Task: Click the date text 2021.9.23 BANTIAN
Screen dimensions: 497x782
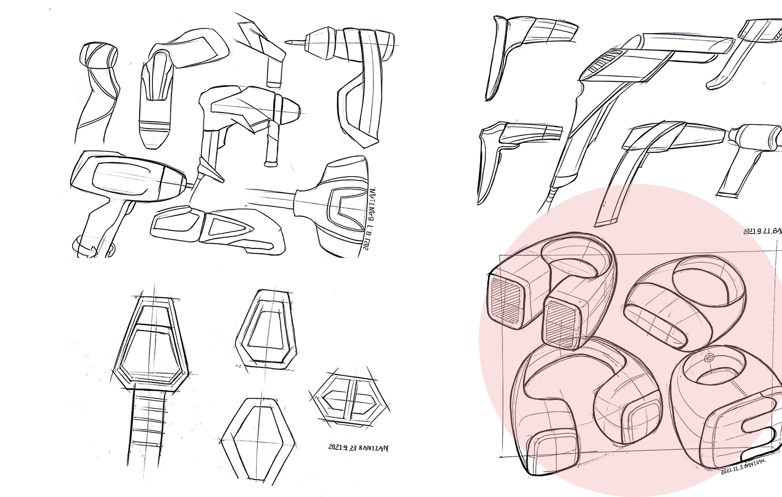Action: [x=358, y=447]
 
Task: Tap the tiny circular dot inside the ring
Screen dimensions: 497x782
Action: [x=709, y=358]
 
